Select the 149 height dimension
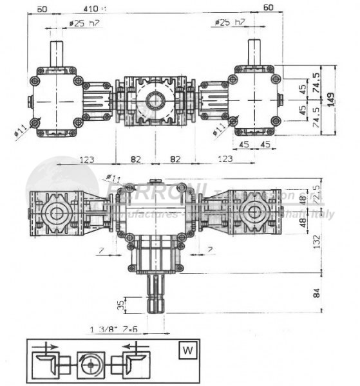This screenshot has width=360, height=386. coord(348,100)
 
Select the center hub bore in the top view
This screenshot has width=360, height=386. coord(155,100)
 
